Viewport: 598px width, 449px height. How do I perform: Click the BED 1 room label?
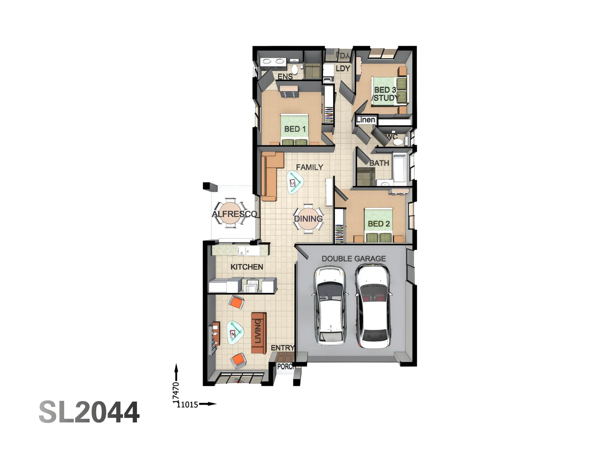point(295,129)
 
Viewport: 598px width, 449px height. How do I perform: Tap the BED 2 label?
point(379,224)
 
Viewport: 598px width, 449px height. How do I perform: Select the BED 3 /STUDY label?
point(385,94)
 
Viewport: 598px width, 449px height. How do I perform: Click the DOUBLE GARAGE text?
point(353,259)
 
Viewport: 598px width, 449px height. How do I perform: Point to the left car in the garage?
point(330,306)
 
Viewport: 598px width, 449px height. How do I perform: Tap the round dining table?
point(308,219)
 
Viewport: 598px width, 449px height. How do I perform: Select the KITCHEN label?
point(247,267)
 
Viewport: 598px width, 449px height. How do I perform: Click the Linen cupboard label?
point(366,120)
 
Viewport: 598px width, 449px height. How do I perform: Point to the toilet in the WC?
point(398,142)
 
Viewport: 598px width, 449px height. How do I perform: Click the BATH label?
point(379,163)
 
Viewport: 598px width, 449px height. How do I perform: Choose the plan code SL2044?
point(89,412)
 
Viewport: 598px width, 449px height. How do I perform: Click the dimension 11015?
point(187,405)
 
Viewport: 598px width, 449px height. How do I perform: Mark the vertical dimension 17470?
point(176,392)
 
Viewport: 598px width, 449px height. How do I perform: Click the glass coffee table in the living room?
point(235,333)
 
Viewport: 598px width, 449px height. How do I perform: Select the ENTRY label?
point(282,348)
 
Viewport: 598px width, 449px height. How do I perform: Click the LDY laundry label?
point(343,69)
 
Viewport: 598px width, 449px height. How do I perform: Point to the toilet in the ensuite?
point(294,69)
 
